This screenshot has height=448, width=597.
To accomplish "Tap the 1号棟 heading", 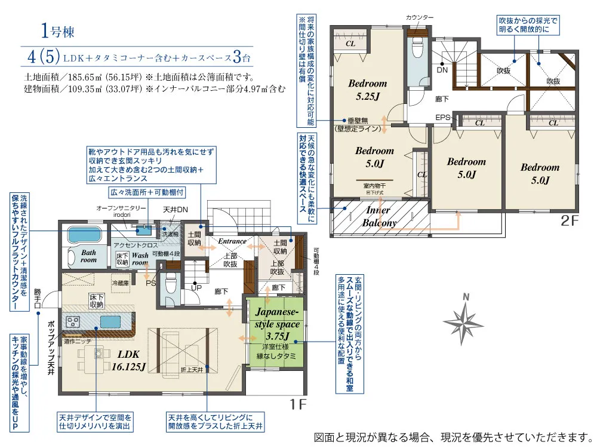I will pyautogui.click(x=58, y=30).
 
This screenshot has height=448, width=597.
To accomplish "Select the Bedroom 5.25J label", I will pyautogui.click(x=367, y=89).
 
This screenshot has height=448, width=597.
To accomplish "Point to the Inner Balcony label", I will pyautogui.click(x=378, y=216).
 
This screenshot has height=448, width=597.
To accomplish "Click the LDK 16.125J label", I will pyautogui.click(x=128, y=361).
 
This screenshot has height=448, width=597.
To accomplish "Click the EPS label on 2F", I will pyautogui.click(x=442, y=117).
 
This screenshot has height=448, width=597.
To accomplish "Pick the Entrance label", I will pyautogui.click(x=232, y=241).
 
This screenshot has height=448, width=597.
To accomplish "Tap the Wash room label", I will pyautogui.click(x=140, y=259).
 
